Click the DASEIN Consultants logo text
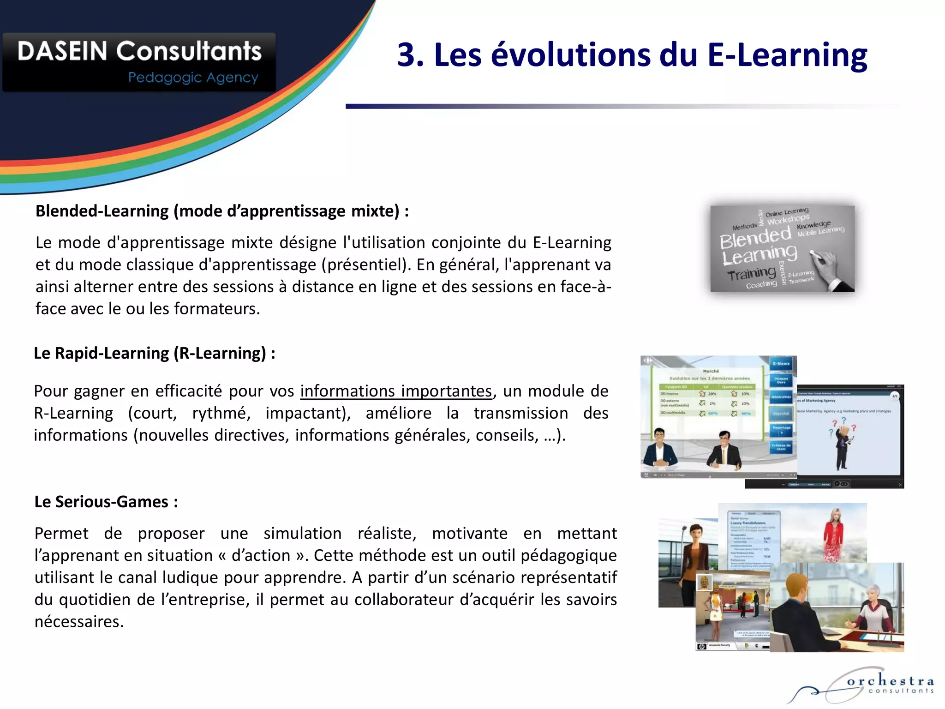tap(139, 51)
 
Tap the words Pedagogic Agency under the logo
tap(193, 78)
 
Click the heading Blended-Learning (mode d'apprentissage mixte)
tap(222, 211)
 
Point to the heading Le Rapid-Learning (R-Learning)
tap(155, 353)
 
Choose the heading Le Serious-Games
tap(106, 502)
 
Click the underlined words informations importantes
tap(396, 391)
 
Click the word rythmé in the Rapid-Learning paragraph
tap(221, 413)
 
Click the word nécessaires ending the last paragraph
tap(79, 622)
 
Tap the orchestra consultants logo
tap(867, 685)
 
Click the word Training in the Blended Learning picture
tap(752, 274)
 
